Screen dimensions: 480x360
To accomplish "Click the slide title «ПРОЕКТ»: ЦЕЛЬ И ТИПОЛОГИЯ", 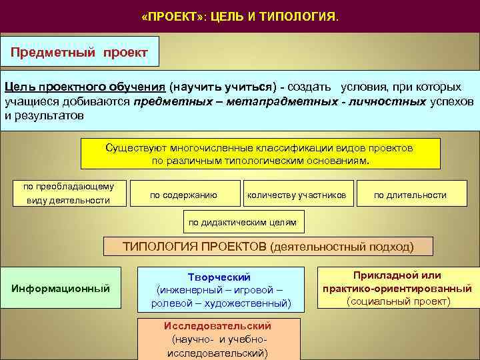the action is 240,15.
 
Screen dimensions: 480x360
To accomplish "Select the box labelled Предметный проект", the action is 79,51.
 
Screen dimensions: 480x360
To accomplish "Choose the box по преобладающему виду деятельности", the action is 69,193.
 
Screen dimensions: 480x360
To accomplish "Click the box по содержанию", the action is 183,195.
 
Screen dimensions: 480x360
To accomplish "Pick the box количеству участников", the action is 297,195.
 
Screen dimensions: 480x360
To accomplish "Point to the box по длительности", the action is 410,195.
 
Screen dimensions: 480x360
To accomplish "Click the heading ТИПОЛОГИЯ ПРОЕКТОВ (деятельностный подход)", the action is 268,246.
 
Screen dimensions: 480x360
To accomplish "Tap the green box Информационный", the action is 61,288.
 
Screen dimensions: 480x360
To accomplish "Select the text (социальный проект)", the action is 398,301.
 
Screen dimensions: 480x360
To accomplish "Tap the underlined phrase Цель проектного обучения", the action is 85,87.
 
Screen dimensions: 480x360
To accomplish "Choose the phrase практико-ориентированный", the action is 397,289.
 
